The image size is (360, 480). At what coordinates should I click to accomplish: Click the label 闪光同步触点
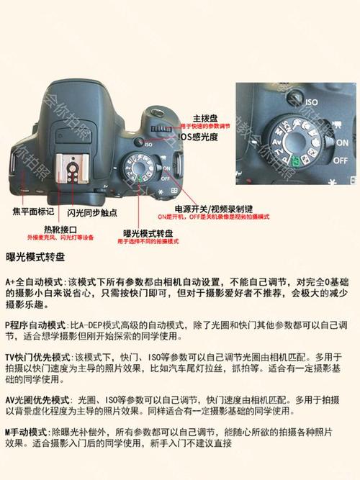click(95, 214)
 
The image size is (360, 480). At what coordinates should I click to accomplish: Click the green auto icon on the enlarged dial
click(295, 160)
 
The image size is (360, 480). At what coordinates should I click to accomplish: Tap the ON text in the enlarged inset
click(341, 142)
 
